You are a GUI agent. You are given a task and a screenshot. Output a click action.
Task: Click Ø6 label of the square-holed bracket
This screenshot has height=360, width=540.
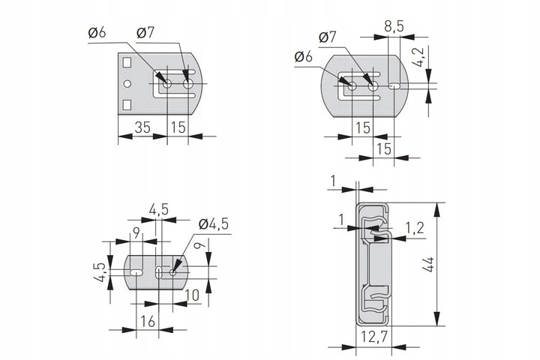(97, 33)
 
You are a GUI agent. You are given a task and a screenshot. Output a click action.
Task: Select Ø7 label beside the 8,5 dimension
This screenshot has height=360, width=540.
(328, 37)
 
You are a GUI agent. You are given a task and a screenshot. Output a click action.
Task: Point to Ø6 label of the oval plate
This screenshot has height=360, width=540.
(304, 57)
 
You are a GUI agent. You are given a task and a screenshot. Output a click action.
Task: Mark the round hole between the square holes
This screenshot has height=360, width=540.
(127, 82)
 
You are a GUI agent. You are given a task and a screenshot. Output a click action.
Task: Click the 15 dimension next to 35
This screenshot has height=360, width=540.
(178, 127)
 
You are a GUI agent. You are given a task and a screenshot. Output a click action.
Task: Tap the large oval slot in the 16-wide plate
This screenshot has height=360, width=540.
(136, 272)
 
